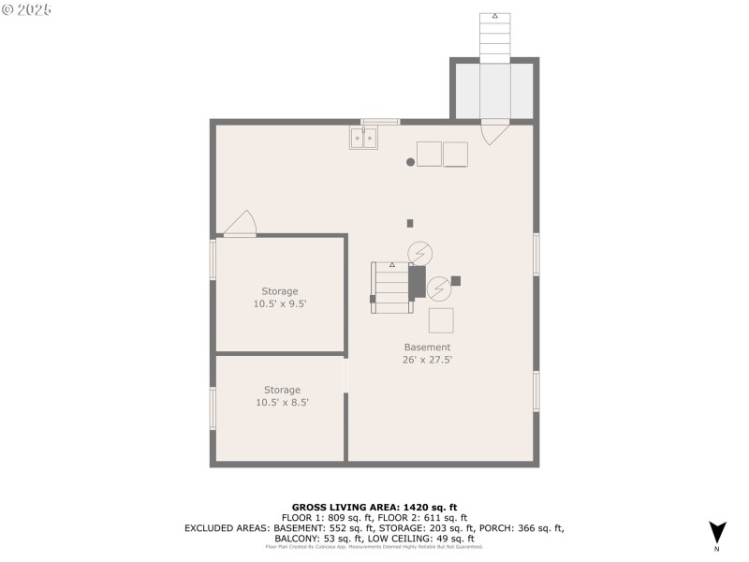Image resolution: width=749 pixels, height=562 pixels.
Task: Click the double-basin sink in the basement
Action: (x=363, y=139)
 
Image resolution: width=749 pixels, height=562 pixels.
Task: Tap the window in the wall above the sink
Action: (x=380, y=121)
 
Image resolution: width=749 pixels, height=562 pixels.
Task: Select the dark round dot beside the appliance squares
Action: (x=410, y=162)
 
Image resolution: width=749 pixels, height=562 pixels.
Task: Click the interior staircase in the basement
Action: (x=392, y=285)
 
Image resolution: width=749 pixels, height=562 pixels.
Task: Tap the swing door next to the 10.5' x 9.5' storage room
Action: (x=240, y=224)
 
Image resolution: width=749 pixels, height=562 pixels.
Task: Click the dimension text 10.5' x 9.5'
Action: (x=280, y=304)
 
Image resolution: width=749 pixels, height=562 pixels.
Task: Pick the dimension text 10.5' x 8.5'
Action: (x=282, y=403)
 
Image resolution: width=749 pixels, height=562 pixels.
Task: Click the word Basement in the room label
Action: (x=427, y=347)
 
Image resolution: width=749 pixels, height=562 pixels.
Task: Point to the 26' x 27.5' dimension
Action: (x=427, y=360)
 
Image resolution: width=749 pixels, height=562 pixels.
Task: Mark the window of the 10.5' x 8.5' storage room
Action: (x=213, y=408)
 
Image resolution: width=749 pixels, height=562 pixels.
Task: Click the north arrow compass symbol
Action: (x=717, y=532)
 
